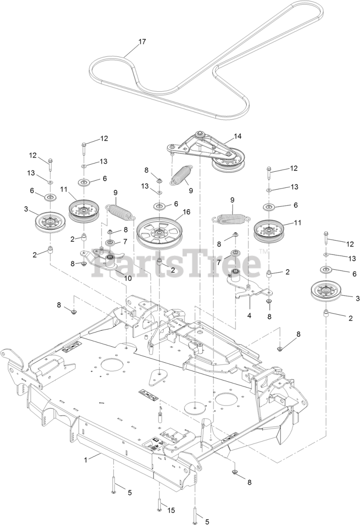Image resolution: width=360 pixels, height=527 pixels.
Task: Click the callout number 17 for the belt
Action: pos(142,42)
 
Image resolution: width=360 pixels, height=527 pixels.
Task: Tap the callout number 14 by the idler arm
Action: pos(238,136)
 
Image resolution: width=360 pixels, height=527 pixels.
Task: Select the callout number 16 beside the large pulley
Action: pos(187,212)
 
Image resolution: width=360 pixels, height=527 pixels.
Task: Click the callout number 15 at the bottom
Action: pos(171,510)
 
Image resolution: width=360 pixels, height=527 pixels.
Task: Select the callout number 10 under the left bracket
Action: pos(128,278)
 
